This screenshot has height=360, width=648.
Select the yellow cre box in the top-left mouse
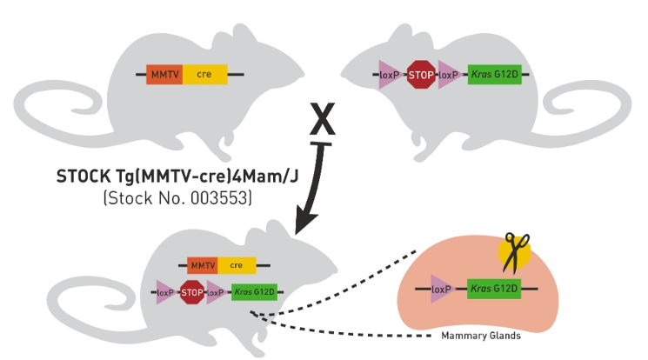[x=204, y=75]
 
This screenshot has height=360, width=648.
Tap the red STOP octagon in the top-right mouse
[x=422, y=75]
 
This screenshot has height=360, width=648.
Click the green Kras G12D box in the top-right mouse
[x=494, y=75]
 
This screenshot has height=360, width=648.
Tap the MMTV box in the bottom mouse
[x=202, y=265]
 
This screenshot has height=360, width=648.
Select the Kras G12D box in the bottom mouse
[x=256, y=292]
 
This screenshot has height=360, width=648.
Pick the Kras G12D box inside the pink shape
[x=494, y=287]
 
